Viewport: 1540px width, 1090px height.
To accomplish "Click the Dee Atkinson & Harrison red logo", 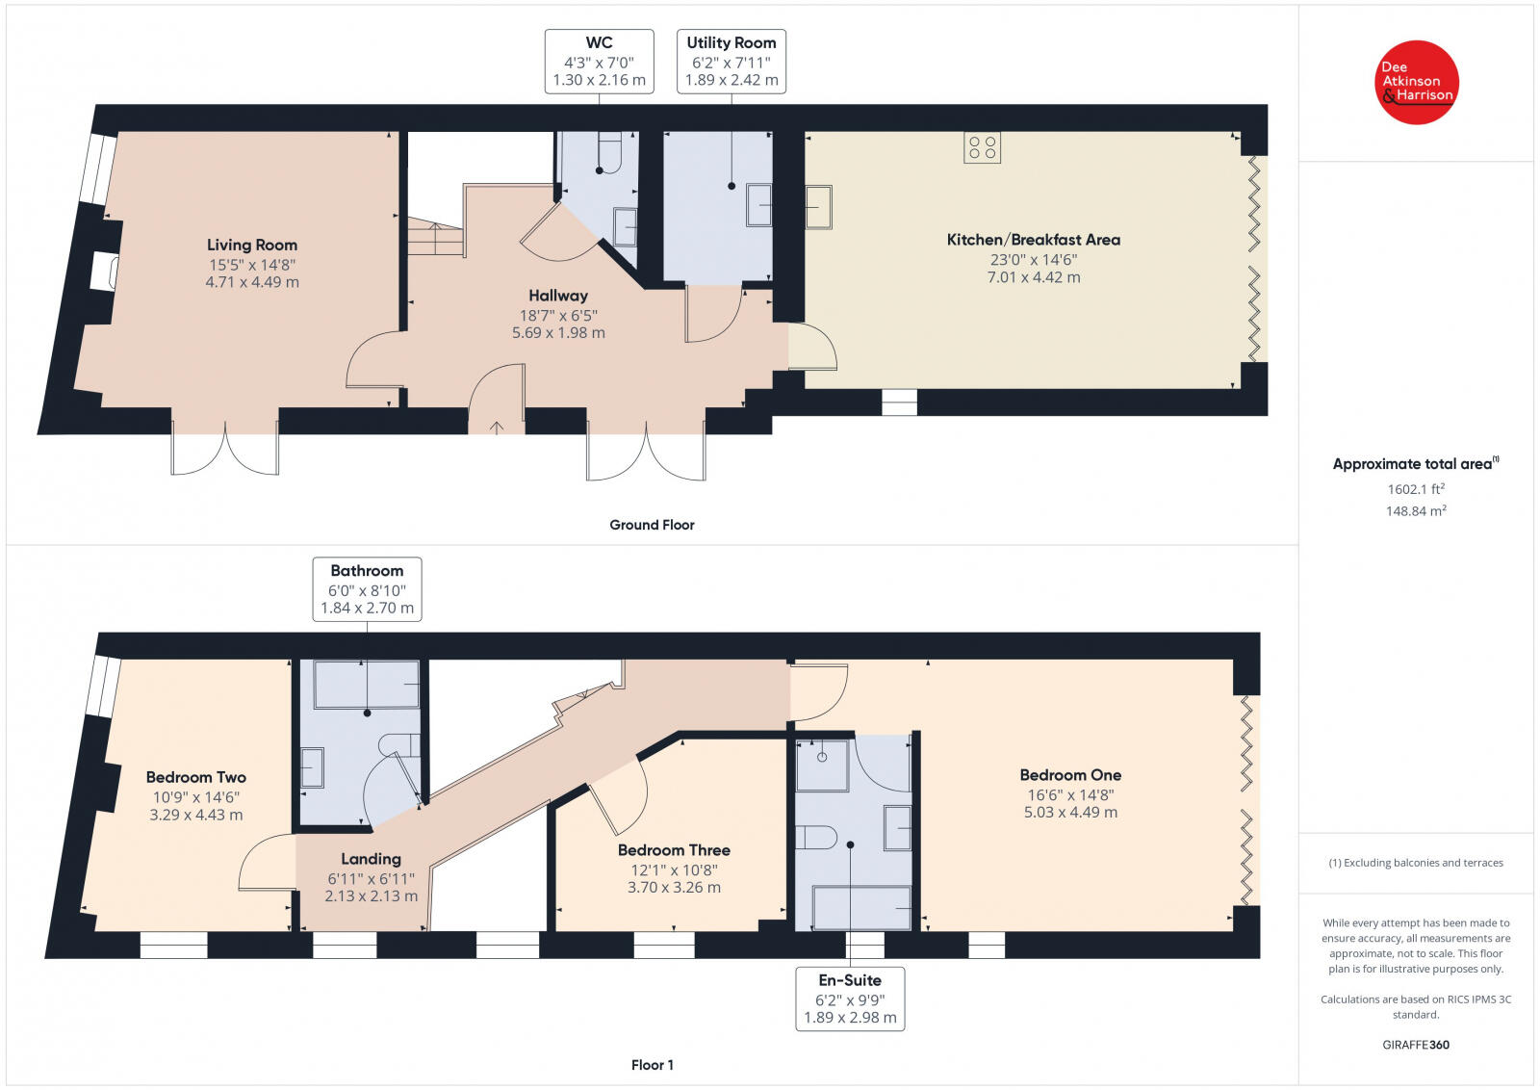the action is click(1416, 83).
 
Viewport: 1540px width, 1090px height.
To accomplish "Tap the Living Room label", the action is click(252, 245).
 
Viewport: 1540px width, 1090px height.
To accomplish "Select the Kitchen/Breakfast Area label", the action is click(1034, 240).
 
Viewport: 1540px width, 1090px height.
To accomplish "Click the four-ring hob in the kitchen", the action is click(982, 147).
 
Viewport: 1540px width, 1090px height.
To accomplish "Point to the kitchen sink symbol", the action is click(818, 207).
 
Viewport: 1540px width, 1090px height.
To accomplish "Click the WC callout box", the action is click(599, 62).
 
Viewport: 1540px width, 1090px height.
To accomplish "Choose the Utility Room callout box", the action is click(731, 62).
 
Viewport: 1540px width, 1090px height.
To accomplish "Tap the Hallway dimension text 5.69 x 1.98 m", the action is click(558, 333).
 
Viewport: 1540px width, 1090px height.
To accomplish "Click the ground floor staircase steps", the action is click(434, 237).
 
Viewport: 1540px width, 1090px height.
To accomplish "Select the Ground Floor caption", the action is click(652, 525).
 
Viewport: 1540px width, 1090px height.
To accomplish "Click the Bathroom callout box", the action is click(367, 589).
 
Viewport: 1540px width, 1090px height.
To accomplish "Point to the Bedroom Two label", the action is click(196, 777).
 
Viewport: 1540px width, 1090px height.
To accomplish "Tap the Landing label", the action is click(372, 859).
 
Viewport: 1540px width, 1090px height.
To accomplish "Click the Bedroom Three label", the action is click(674, 850).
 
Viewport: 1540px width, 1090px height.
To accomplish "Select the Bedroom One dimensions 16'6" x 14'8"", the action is click(1070, 795).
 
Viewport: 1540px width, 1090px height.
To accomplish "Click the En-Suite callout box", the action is click(850, 999).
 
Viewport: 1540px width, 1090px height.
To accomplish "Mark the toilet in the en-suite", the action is click(816, 838).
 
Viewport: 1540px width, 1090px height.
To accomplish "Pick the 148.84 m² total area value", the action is click(1416, 510).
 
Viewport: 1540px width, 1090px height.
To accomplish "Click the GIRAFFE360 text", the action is click(1416, 1045).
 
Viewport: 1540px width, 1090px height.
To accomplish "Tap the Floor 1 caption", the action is click(652, 1065).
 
